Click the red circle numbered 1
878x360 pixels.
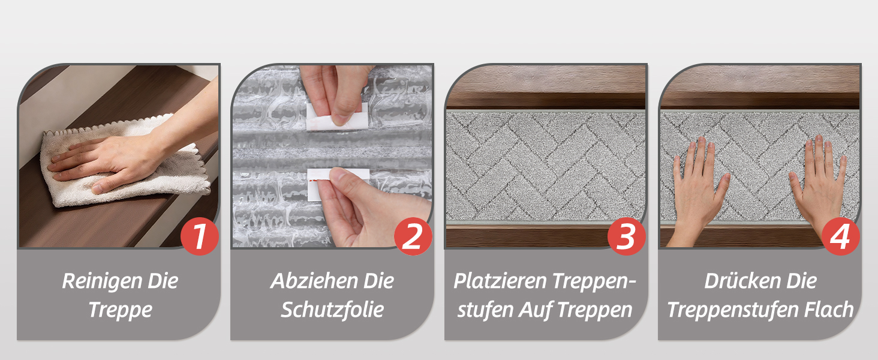pyautogui.click(x=200, y=236)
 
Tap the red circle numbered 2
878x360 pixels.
pyautogui.click(x=413, y=236)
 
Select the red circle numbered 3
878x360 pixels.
pyautogui.click(x=626, y=236)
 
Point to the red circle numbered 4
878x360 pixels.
pyautogui.click(x=840, y=236)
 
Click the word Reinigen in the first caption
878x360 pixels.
pyautogui.click(x=101, y=281)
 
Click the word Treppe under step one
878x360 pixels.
pyautogui.click(x=120, y=310)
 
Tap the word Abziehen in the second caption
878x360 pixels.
pyautogui.click(x=313, y=281)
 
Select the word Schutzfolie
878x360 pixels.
pyautogui.click(x=332, y=310)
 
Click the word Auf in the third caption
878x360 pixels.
pyautogui.click(x=536, y=310)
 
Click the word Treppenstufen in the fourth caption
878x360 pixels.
pyautogui.click(x=733, y=310)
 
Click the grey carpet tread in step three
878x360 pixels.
pyautogui.click(x=546, y=167)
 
